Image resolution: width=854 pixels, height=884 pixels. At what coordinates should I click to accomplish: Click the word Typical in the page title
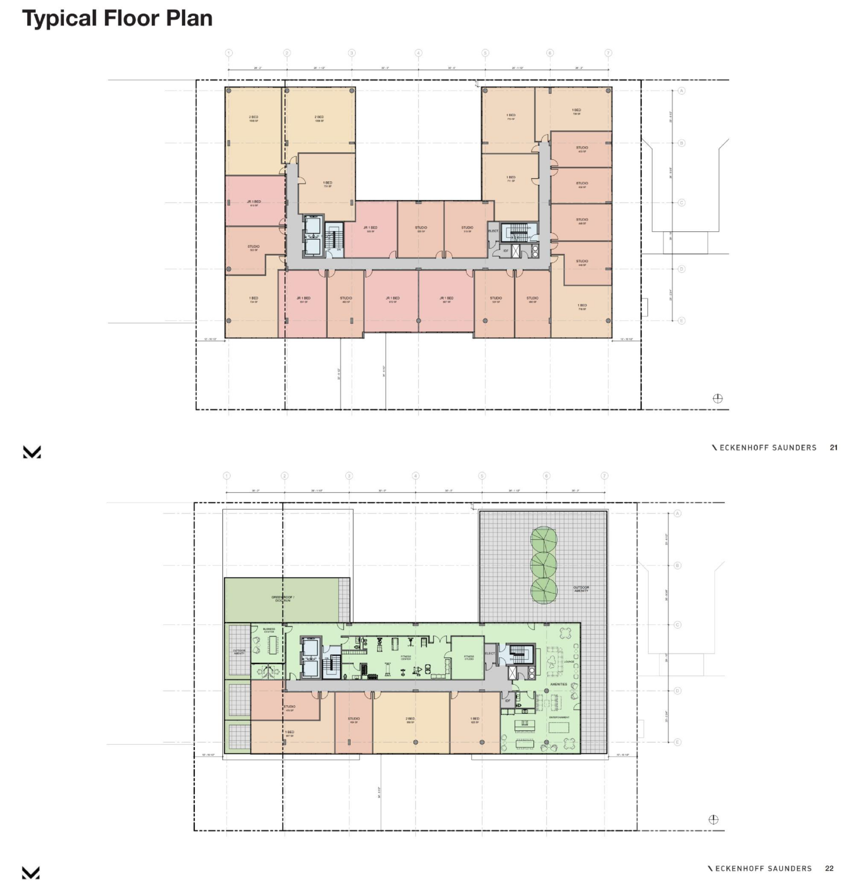(x=60, y=19)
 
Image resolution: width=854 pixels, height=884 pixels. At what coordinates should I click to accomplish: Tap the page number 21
(x=833, y=448)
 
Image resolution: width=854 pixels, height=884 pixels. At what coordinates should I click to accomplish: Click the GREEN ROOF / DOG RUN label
(x=283, y=599)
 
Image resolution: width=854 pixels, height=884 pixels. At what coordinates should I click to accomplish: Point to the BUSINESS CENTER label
(x=269, y=630)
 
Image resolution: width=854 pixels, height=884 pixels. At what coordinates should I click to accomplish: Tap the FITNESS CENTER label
(x=405, y=657)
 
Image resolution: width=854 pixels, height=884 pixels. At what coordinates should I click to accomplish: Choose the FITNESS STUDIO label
(x=469, y=657)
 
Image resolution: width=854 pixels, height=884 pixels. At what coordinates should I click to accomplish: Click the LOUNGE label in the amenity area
(x=569, y=662)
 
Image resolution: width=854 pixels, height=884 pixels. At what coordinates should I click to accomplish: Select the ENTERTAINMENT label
(x=559, y=717)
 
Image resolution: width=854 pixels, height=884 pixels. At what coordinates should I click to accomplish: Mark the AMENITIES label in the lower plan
(x=559, y=684)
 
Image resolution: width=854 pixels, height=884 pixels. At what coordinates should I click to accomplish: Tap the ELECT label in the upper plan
(x=493, y=231)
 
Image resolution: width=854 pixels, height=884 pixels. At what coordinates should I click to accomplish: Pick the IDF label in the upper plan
(x=506, y=251)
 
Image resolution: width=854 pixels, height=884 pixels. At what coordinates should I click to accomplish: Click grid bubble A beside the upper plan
(x=681, y=91)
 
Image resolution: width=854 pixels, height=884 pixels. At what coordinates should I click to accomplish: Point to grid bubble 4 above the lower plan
(x=415, y=475)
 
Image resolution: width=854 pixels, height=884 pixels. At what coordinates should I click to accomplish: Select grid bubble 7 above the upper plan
(x=608, y=53)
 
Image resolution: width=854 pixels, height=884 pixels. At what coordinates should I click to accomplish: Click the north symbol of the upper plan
(x=717, y=398)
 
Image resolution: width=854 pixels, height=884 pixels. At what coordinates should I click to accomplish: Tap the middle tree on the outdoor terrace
(x=544, y=565)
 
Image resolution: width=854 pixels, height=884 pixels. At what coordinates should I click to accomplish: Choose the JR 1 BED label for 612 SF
(x=254, y=202)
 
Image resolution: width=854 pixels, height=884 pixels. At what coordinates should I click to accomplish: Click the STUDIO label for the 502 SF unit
(x=253, y=247)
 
